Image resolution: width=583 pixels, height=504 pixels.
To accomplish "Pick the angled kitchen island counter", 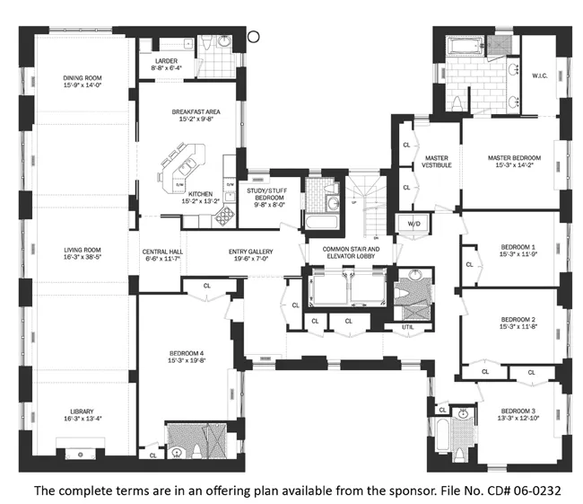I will click(179, 168).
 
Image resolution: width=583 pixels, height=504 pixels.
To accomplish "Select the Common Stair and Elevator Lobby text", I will click(346, 252).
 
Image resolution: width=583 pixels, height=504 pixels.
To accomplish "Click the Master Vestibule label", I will click(437, 162).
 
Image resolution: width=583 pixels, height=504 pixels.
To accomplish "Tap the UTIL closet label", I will click(408, 327).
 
